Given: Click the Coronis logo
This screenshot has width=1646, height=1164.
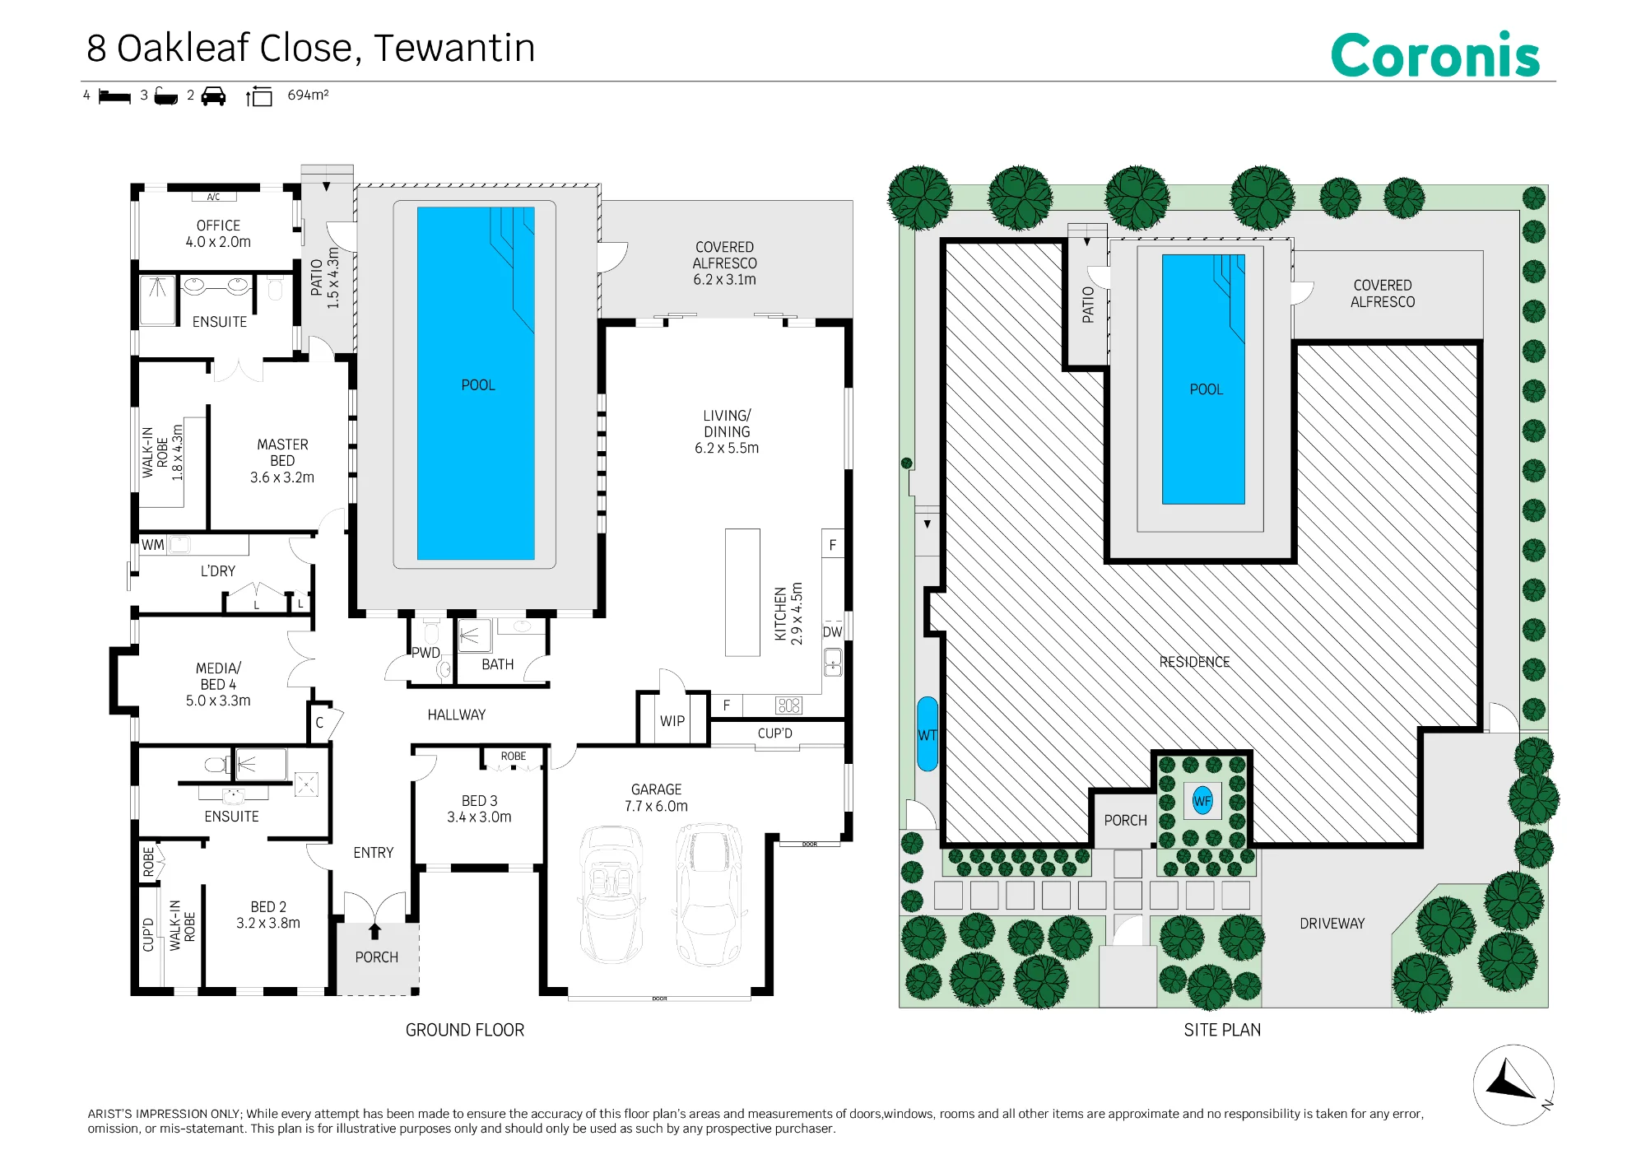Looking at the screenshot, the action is [x=1434, y=55].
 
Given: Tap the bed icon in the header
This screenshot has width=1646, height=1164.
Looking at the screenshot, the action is [x=114, y=97].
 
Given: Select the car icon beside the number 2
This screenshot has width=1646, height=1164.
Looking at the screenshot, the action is [x=213, y=96].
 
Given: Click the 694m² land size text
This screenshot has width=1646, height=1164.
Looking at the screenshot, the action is [x=308, y=95].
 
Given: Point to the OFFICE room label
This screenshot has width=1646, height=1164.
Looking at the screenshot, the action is [x=218, y=226].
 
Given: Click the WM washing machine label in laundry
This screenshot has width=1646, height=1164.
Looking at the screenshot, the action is [x=152, y=545].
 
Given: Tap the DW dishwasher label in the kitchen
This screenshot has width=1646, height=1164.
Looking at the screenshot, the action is [x=832, y=632].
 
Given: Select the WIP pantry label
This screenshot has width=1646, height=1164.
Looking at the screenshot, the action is [x=672, y=721].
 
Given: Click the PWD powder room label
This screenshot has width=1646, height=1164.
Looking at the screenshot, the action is [x=425, y=653].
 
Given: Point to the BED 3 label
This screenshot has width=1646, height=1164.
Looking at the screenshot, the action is [x=479, y=801].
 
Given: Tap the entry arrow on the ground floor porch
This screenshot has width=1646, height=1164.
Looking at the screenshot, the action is [x=375, y=931].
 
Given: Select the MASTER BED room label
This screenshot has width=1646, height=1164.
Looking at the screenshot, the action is [x=282, y=453].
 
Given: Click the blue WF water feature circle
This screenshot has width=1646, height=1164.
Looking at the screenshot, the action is [x=1202, y=800].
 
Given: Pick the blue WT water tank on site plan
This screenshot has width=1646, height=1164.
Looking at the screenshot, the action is [x=928, y=734].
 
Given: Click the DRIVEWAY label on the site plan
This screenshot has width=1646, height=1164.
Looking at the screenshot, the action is [x=1332, y=924].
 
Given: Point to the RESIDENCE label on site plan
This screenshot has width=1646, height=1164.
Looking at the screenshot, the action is [x=1194, y=662].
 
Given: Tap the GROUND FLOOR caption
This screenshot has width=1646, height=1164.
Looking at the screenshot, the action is [x=464, y=1030].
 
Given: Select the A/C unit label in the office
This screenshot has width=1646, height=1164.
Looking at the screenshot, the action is [x=213, y=198].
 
